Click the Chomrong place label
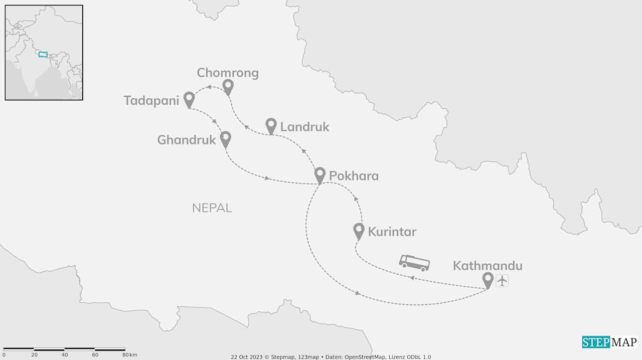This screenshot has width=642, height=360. [x=228, y=73]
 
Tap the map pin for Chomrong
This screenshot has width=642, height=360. [x=228, y=87]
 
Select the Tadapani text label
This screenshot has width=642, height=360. [x=151, y=101]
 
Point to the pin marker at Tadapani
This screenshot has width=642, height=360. [x=189, y=99]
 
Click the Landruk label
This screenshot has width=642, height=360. [x=304, y=127]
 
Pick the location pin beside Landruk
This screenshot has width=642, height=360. [x=271, y=125]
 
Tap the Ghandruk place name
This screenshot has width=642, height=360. [x=187, y=140]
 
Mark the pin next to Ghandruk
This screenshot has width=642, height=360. [x=226, y=138]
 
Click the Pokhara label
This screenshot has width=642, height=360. [x=354, y=176]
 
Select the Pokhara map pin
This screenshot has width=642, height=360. [x=320, y=174]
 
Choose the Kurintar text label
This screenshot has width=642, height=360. [x=392, y=232]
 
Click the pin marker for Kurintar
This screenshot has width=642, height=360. [x=359, y=230]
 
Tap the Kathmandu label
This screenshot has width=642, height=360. [x=488, y=266]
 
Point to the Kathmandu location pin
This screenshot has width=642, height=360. [x=488, y=279]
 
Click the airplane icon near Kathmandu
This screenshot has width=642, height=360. [x=502, y=281]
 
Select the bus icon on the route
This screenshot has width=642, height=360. [x=414, y=262]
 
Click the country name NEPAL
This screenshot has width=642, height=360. [x=212, y=208]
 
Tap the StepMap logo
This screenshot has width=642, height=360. [x=610, y=342]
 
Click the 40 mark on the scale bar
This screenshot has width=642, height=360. [x=65, y=355]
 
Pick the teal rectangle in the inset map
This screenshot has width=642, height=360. [x=43, y=54]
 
